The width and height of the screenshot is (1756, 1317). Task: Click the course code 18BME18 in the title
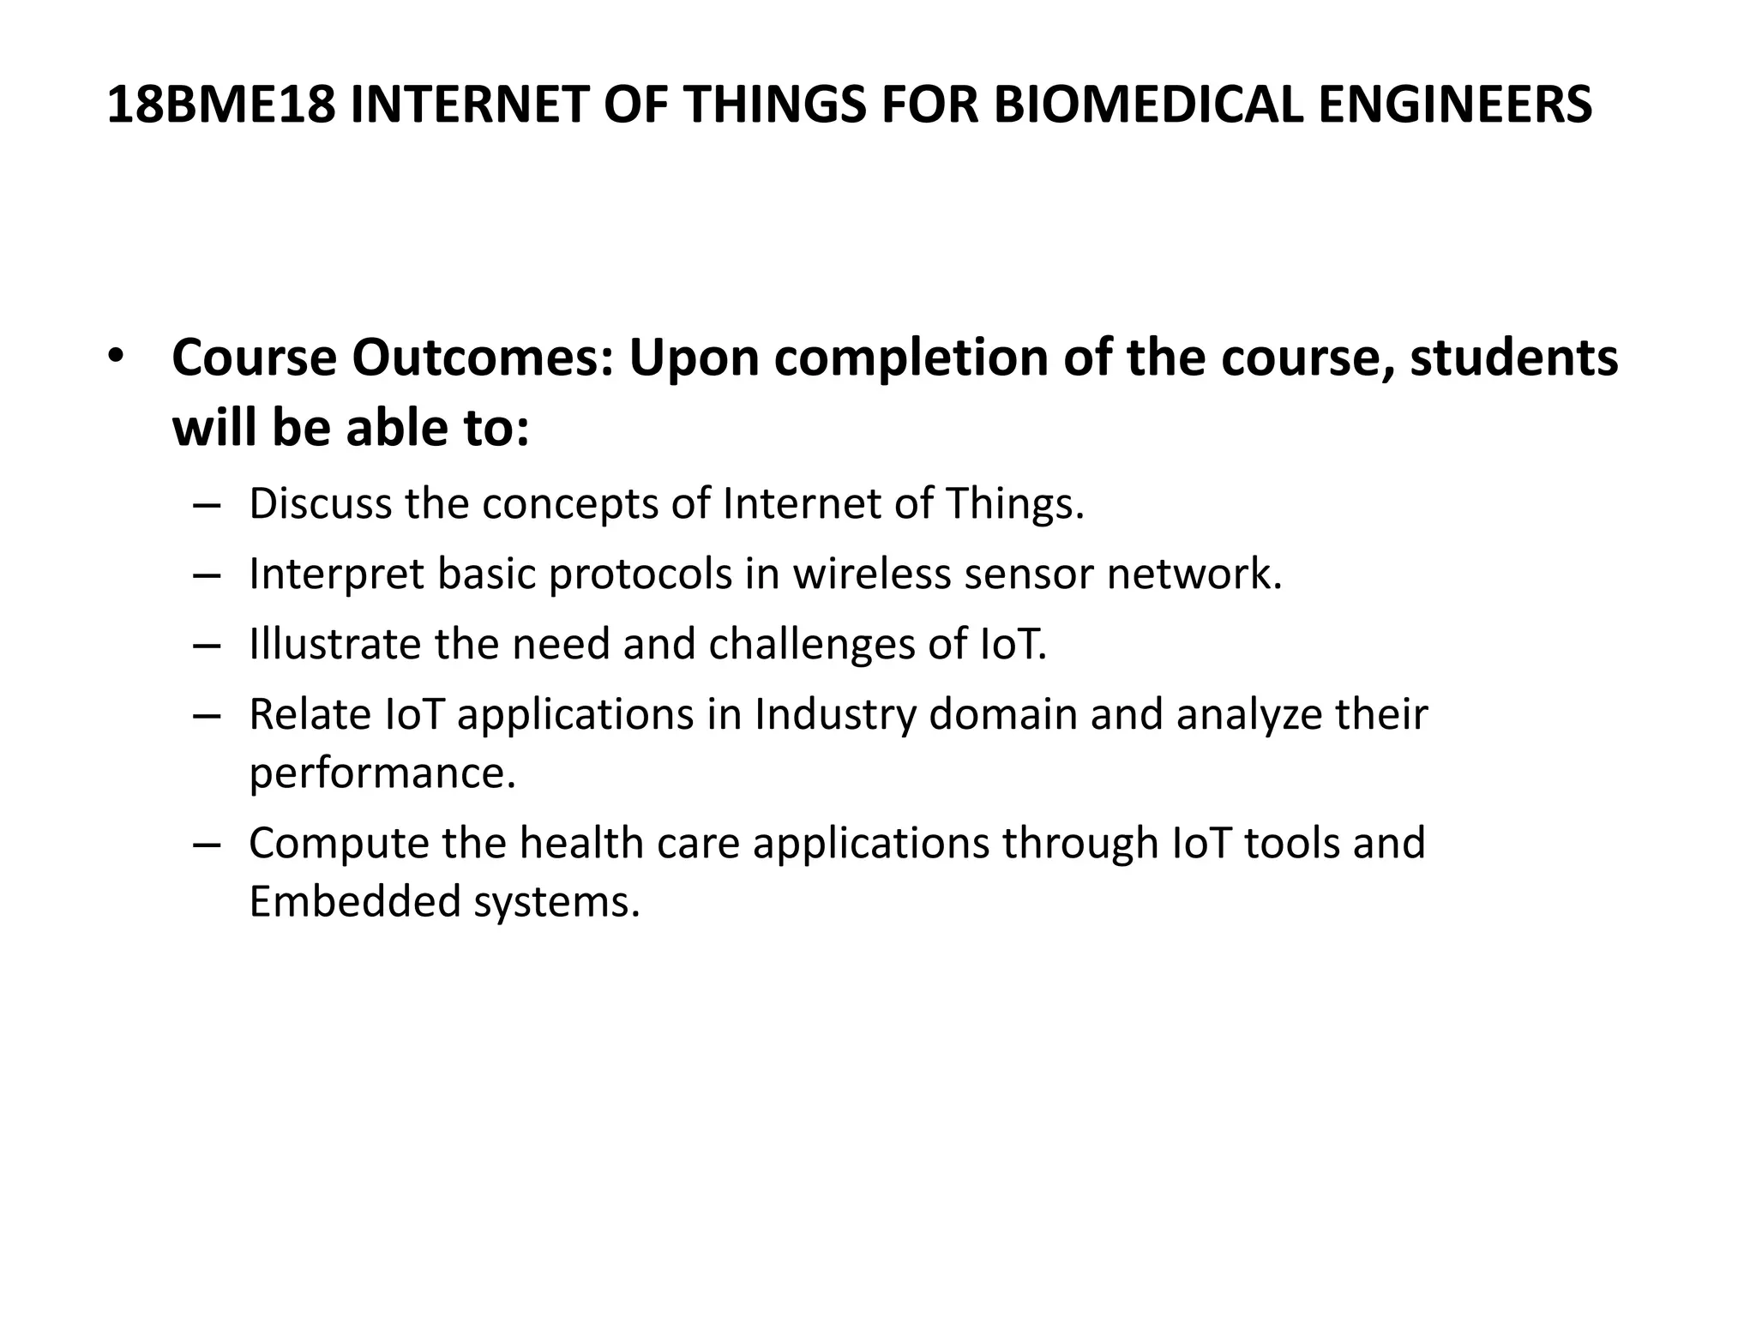point(221,105)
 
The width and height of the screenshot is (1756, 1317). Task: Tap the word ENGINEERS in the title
point(1454,105)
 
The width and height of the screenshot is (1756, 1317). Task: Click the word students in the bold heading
point(1514,358)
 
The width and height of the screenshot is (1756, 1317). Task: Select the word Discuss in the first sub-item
point(320,503)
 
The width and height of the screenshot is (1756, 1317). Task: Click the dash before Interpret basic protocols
point(207,574)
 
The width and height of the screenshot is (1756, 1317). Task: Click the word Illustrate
point(334,644)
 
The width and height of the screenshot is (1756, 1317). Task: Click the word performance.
point(382,773)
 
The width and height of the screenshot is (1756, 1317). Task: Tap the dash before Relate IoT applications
point(207,715)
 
